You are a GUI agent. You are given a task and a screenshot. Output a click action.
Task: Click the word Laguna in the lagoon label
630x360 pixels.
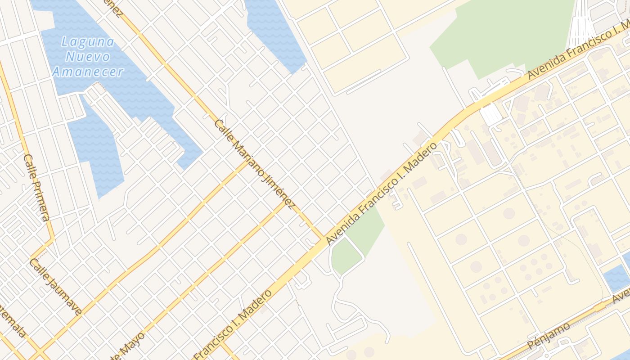(x=88, y=42)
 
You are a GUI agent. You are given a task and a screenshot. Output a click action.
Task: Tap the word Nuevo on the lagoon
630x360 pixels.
(x=88, y=57)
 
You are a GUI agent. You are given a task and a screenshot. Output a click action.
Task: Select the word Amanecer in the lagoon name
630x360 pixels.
(x=88, y=72)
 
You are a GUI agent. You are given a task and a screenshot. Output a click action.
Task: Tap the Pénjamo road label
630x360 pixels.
(x=549, y=336)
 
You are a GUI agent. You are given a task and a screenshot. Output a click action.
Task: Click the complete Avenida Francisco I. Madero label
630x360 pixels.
(x=382, y=194)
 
